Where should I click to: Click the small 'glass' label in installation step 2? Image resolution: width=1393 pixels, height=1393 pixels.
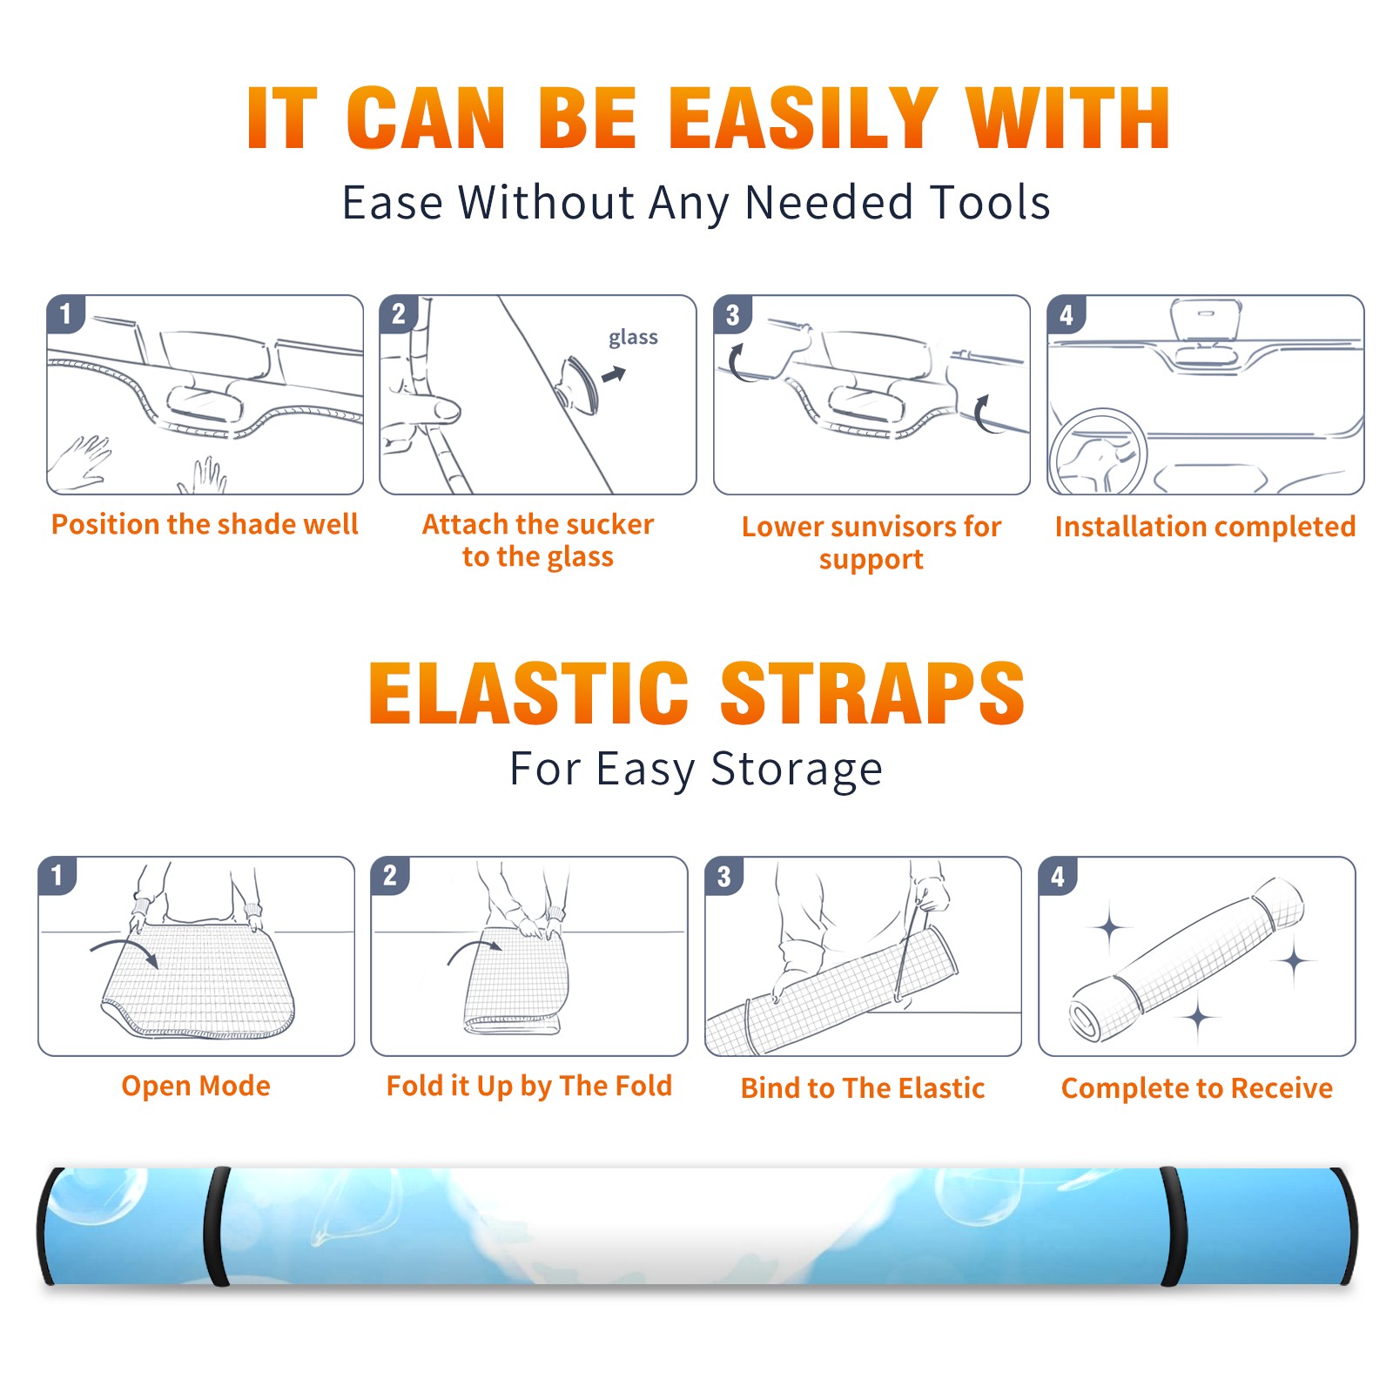pyautogui.click(x=633, y=338)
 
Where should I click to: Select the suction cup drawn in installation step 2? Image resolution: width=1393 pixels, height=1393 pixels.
pyautogui.click(x=577, y=385)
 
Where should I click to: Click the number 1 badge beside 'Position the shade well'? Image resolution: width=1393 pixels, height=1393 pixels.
pyautogui.click(x=65, y=313)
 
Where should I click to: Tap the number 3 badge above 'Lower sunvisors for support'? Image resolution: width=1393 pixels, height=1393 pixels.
pyautogui.click(x=732, y=314)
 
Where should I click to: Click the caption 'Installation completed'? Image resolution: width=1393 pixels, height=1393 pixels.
pyautogui.click(x=1205, y=526)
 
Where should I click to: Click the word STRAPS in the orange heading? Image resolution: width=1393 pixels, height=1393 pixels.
pyautogui.click(x=872, y=693)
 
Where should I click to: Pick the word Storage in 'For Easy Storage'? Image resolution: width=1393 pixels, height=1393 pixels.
pyautogui.click(x=797, y=770)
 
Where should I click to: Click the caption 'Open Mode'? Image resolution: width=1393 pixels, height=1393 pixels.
pyautogui.click(x=196, y=1086)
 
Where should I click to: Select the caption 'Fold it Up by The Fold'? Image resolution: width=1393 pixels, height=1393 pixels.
pyautogui.click(x=529, y=1086)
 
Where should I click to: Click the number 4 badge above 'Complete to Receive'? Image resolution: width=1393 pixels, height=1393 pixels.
pyautogui.click(x=1058, y=876)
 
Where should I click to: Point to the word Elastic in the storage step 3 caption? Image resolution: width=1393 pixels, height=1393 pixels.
pyautogui.click(x=941, y=1088)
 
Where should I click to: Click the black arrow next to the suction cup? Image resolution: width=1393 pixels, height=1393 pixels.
pyautogui.click(x=614, y=374)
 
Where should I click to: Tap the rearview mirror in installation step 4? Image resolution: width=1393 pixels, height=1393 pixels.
pyautogui.click(x=1205, y=320)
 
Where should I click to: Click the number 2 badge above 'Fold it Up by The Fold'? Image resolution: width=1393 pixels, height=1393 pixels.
pyautogui.click(x=390, y=876)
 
